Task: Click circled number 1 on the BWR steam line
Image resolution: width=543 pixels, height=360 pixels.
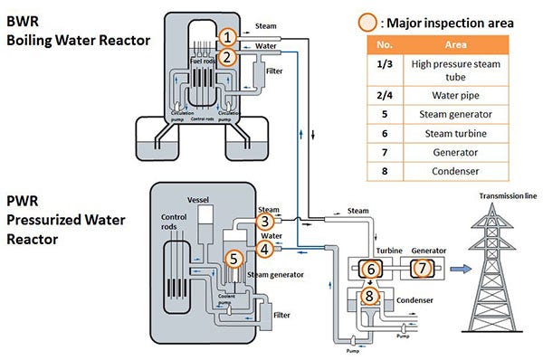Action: tap(229, 36)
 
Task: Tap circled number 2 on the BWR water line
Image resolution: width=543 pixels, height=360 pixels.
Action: tap(229, 57)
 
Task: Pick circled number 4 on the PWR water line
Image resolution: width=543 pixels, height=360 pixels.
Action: tap(264, 248)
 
